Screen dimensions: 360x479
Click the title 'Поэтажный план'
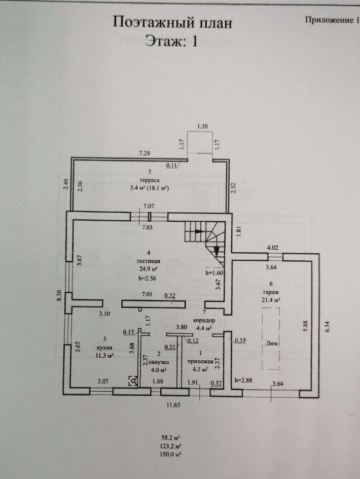pos(172,23)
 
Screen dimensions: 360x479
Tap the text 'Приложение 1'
pos(332,20)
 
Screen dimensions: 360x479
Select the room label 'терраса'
pos(149,180)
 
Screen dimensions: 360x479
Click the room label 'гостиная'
pos(149,261)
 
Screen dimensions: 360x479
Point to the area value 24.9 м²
pos(148,269)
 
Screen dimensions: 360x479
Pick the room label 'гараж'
pos(271,292)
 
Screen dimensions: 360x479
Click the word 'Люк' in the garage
pos(271,343)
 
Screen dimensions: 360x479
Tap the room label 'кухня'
pos(105,348)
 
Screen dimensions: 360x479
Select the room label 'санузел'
pos(159,362)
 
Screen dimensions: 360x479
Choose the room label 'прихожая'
pos(200,361)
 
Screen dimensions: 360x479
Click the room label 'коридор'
pos(204,321)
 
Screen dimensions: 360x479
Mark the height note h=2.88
pos(243,381)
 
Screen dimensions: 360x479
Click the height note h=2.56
pos(148,278)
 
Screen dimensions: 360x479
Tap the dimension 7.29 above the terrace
pos(145,154)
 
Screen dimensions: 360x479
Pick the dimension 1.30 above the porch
pos(203,126)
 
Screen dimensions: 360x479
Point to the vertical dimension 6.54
pos(328,326)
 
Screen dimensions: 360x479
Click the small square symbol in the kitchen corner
pos(133,381)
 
